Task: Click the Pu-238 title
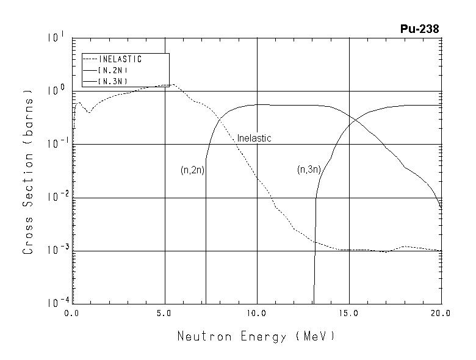pyautogui.click(x=419, y=29)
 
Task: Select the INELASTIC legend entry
pyautogui.click(x=120, y=59)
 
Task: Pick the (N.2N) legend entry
pyautogui.click(x=112, y=70)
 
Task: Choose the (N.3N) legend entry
pyautogui.click(x=112, y=81)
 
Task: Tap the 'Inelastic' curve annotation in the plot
pyautogui.click(x=254, y=139)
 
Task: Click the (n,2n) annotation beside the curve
pyautogui.click(x=192, y=170)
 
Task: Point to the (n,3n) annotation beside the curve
pyautogui.click(x=309, y=170)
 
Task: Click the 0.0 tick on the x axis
pyautogui.click(x=73, y=313)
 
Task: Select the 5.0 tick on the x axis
pyautogui.click(x=164, y=313)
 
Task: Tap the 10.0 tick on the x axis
pyautogui.click(x=256, y=313)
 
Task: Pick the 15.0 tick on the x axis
pyautogui.click(x=348, y=313)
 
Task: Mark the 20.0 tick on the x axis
pyautogui.click(x=441, y=313)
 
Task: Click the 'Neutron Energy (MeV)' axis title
pyautogui.click(x=256, y=336)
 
